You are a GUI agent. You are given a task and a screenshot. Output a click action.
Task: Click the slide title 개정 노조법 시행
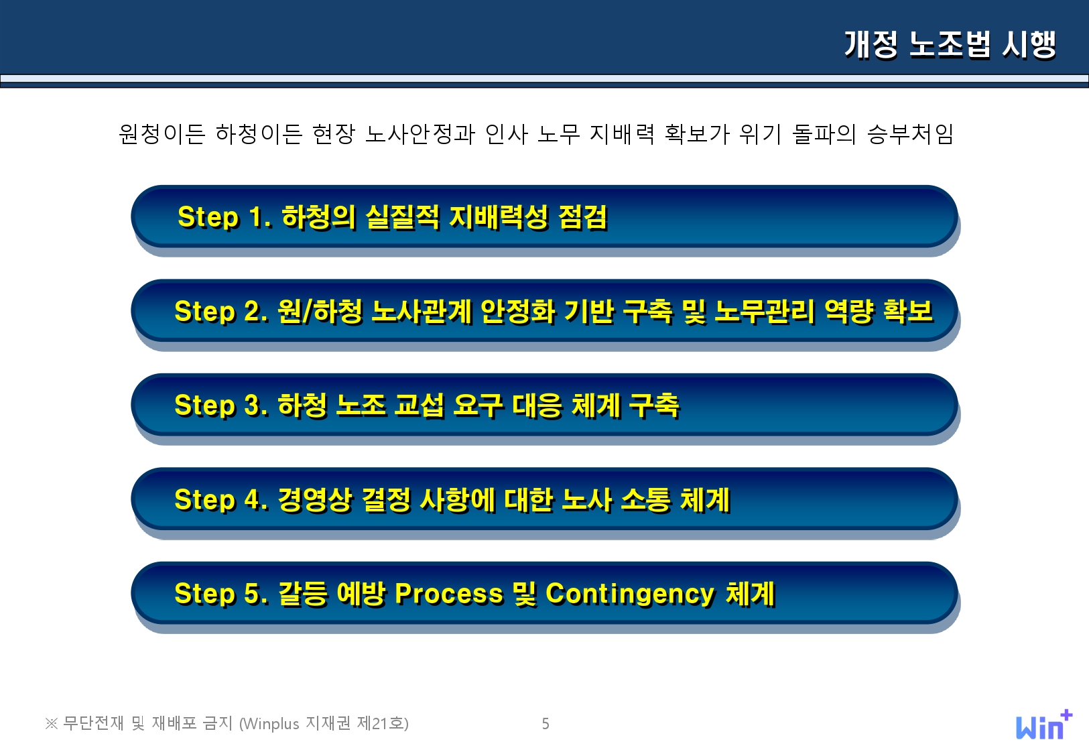pos(950,44)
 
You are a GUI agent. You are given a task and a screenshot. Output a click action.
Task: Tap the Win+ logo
pos(1044,725)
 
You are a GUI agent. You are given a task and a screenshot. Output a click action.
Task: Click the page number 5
pos(546,724)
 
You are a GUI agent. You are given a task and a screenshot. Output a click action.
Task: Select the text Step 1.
pos(224,217)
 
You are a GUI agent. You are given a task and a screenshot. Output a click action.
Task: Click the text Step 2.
pos(221,311)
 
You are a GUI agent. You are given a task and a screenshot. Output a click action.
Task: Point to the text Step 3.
pos(221,405)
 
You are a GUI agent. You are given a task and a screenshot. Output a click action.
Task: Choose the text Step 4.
pos(221,500)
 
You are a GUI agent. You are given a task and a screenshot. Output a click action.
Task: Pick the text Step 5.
pos(221,594)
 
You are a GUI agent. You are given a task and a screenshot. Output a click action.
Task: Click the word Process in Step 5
pos(449,594)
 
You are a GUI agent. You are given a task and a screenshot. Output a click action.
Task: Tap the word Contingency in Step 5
pos(630,594)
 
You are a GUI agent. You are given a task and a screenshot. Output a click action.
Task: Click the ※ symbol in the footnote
pos(51,724)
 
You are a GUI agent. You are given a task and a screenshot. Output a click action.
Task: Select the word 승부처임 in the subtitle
pos(910,133)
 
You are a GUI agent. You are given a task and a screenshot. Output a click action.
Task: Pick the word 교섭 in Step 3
pos(419,405)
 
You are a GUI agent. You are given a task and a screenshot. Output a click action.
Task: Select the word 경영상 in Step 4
pos(314,500)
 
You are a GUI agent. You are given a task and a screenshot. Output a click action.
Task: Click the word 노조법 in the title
pos(949,44)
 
